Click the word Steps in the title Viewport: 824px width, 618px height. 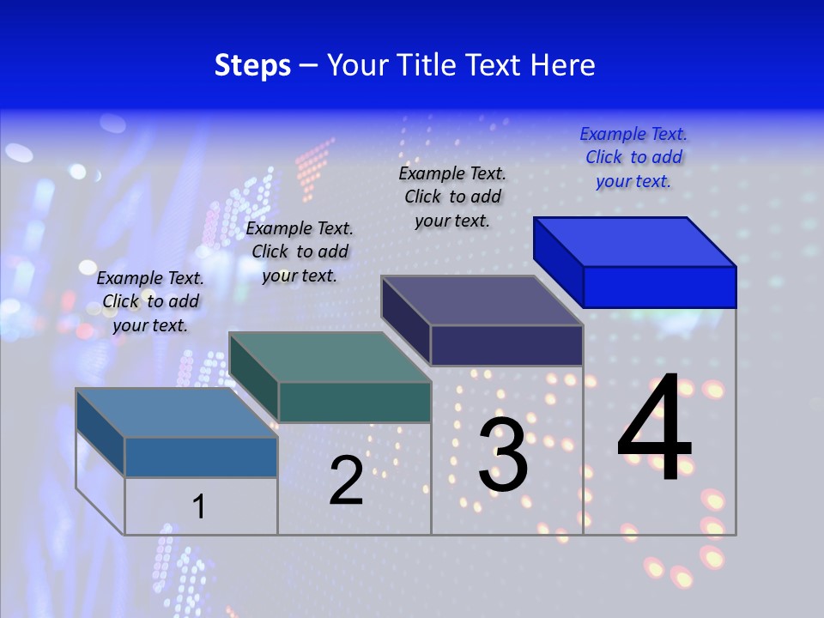point(252,66)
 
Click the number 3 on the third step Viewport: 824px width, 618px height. point(503,455)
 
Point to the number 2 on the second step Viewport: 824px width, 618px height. point(346,481)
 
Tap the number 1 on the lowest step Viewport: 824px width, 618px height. point(199,506)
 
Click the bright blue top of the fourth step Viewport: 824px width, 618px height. point(635,242)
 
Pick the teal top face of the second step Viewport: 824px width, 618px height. point(330,357)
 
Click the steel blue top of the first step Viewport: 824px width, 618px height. point(177,413)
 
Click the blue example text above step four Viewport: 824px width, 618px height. point(633,158)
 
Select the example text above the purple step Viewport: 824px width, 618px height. point(452,197)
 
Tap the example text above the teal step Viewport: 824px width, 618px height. point(300,251)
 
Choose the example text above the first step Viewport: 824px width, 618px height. point(150,301)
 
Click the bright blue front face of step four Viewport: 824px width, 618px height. point(659,287)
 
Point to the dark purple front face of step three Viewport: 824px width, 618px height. point(506,345)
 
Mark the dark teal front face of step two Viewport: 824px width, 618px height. point(354,402)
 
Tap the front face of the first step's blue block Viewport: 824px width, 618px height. point(201,457)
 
